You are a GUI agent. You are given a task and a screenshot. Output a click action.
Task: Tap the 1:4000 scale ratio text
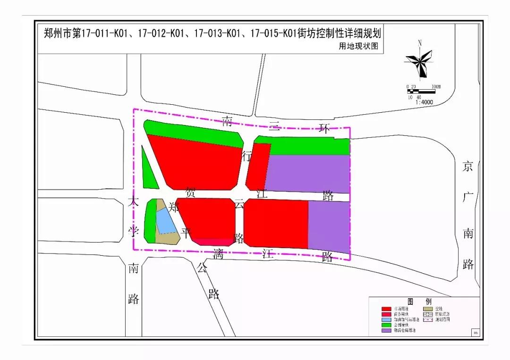click(424, 102)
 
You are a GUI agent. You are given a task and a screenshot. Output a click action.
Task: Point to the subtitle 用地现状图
click(358, 46)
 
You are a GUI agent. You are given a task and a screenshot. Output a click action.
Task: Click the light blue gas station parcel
click(165, 221)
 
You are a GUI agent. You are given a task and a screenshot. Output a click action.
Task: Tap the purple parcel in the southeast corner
click(329, 226)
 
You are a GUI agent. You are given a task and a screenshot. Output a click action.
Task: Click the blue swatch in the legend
click(387, 319)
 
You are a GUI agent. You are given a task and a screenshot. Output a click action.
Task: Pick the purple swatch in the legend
click(387, 330)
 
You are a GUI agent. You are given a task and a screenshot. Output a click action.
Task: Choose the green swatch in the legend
click(387, 325)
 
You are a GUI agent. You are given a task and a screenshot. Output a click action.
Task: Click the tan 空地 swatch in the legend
click(426, 309)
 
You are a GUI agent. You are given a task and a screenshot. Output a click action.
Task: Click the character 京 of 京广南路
click(467, 167)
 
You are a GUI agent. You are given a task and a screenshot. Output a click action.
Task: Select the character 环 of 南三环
click(323, 128)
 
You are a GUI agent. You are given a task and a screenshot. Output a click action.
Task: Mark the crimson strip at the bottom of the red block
click(212, 242)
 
